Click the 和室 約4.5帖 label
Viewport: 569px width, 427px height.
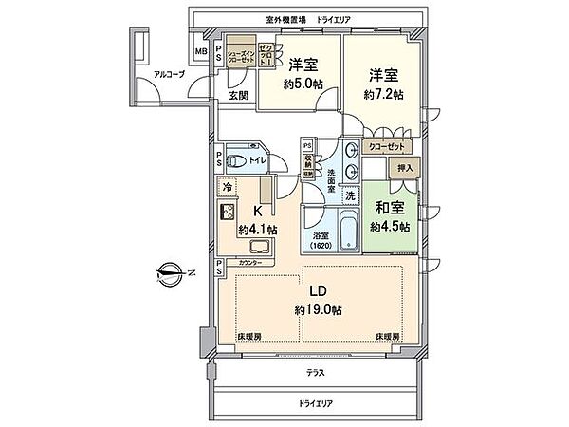tap(389, 216)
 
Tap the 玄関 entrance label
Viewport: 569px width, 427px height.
tap(237, 95)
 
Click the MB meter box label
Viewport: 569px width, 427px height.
tap(202, 51)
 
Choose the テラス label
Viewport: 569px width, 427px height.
tap(317, 373)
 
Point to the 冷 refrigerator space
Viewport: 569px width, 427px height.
tap(228, 188)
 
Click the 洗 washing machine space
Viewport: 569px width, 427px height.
tap(350, 195)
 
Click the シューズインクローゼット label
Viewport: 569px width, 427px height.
tap(241, 57)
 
